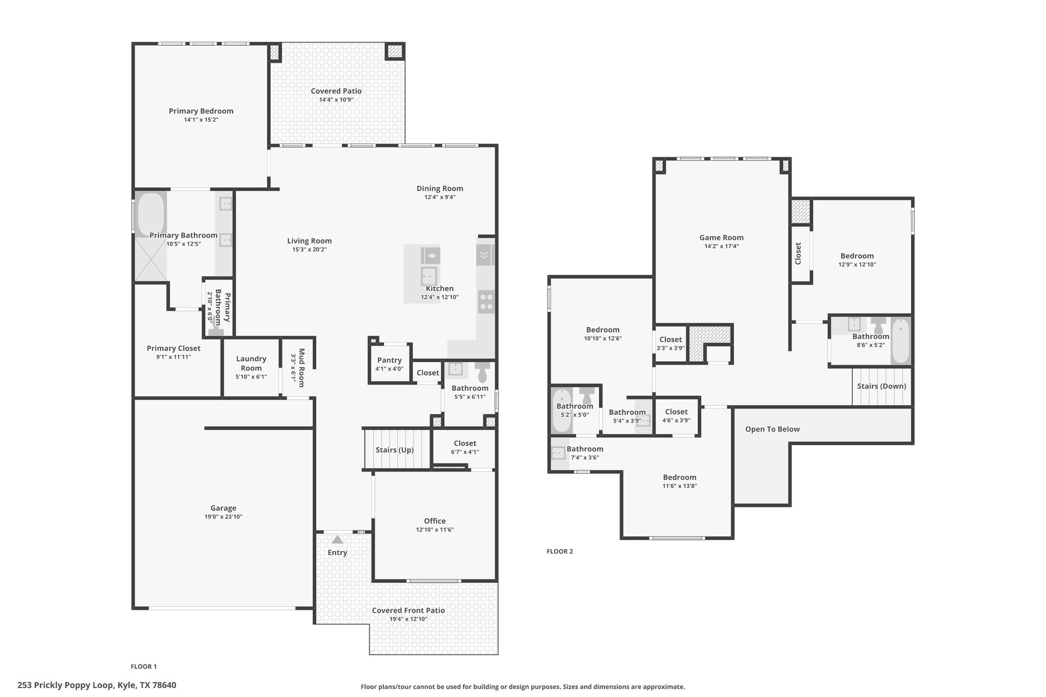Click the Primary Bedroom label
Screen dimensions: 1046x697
[201, 111]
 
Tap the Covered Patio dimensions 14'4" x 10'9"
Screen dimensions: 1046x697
[336, 100]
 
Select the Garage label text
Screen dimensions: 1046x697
[223, 508]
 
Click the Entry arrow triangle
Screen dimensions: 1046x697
[338, 539]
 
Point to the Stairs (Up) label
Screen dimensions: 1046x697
[395, 450]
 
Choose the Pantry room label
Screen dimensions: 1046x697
[390, 360]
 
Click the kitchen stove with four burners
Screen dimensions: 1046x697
[486, 301]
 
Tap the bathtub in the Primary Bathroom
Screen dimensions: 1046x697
[151, 214]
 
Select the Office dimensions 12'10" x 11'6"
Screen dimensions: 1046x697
[435, 530]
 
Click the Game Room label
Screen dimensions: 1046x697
[721, 237]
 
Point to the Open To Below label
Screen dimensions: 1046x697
[772, 429]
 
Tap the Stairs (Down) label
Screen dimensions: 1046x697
[882, 386]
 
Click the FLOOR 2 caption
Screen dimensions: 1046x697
[560, 551]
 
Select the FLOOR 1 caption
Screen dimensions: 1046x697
[144, 666]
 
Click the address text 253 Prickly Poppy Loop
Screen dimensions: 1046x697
[65, 685]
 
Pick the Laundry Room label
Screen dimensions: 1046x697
[251, 363]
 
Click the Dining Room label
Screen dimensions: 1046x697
[440, 188]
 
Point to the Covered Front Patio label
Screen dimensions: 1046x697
[408, 610]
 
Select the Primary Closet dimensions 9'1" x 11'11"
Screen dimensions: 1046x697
[174, 357]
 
